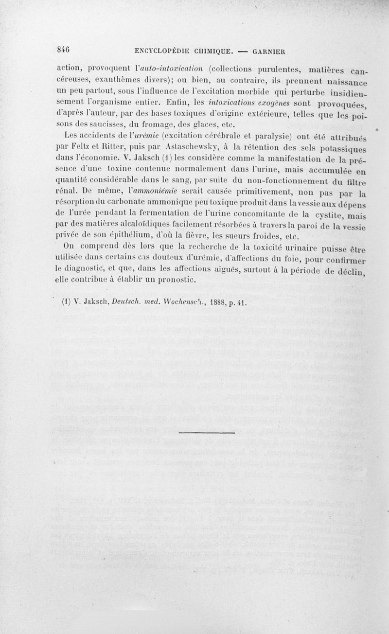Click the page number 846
(x=63, y=49)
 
